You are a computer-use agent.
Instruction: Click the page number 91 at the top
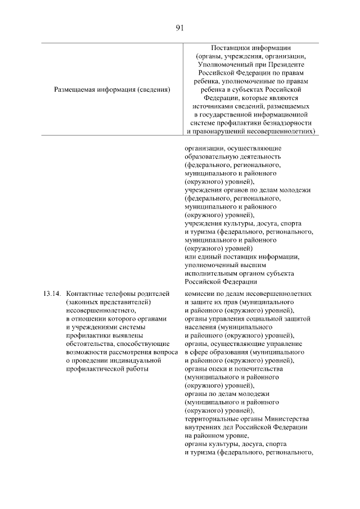(x=180, y=27)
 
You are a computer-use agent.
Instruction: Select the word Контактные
(x=84, y=294)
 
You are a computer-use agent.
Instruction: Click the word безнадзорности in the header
(x=283, y=123)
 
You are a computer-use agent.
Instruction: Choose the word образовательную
(x=212, y=156)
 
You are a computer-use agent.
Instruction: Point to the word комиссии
(x=200, y=294)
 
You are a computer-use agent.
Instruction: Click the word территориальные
(x=213, y=420)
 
